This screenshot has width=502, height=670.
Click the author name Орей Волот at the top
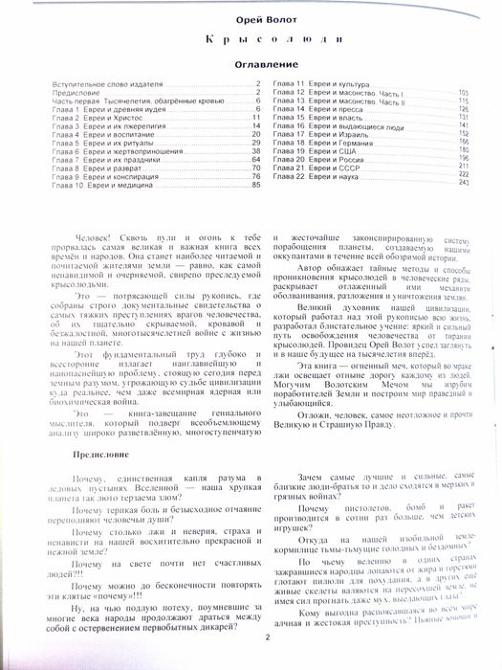point(251,19)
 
